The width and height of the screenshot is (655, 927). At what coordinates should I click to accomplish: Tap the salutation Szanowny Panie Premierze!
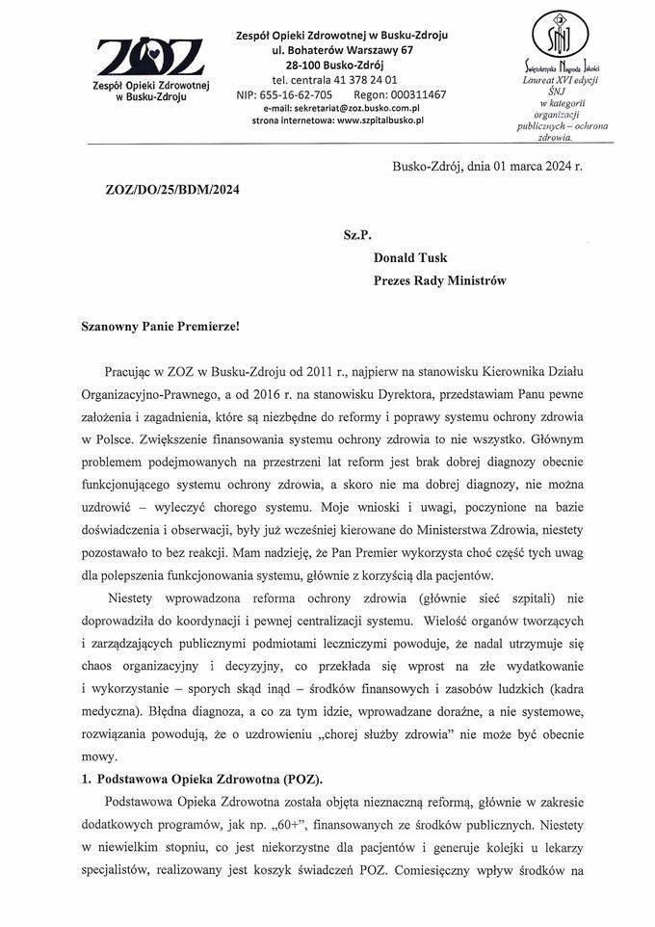[x=159, y=326]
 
